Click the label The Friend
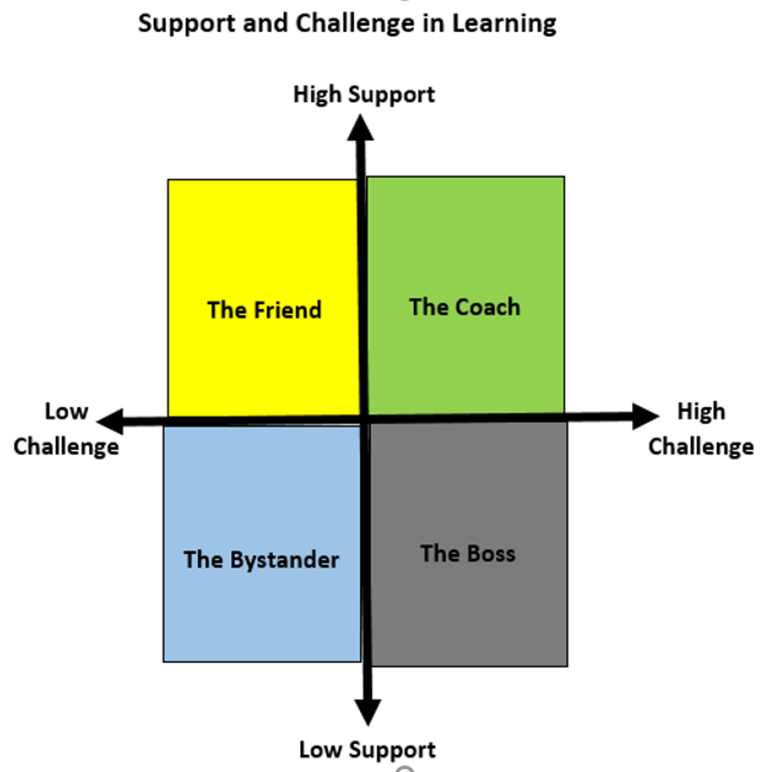pos(264,309)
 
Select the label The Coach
pos(464,307)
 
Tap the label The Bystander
pos(261,560)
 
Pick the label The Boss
pos(467,553)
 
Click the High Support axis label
pos(364,95)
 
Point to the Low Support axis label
pos(367,750)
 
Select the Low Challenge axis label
pos(66,429)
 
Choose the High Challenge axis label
pos(701,429)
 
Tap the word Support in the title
pos(185,23)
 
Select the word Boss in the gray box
pos(490,553)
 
